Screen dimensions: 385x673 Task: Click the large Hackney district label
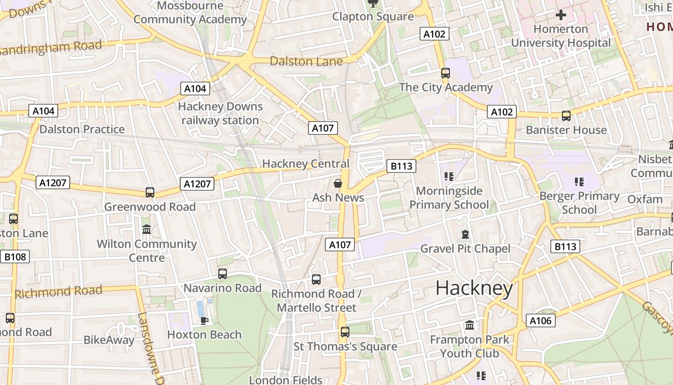[x=474, y=288]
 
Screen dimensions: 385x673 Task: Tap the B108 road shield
[x=15, y=257]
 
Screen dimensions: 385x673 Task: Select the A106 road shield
[x=540, y=321]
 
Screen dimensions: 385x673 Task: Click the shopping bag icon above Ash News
[x=338, y=183]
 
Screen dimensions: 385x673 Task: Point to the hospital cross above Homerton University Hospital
[x=561, y=15]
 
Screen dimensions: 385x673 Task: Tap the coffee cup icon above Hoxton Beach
[x=204, y=321]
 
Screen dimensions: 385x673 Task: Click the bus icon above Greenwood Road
[x=150, y=192]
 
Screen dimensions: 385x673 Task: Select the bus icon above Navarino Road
[x=223, y=274]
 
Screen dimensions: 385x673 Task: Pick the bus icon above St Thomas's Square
[x=345, y=332]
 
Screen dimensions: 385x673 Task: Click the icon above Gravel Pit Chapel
[x=465, y=234]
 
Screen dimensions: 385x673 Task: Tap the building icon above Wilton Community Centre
[x=147, y=230]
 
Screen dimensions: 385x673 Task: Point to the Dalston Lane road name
[x=306, y=61]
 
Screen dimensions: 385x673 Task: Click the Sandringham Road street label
[x=51, y=48]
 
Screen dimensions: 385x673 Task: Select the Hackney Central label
[x=306, y=164]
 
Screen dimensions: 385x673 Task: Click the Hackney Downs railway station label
[x=221, y=113]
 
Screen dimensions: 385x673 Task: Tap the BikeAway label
[x=109, y=340]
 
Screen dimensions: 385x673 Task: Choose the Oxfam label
[x=645, y=199]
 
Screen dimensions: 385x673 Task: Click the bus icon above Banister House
[x=566, y=116]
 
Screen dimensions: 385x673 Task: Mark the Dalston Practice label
[x=82, y=129]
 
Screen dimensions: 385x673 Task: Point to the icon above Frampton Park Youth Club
[x=470, y=325]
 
